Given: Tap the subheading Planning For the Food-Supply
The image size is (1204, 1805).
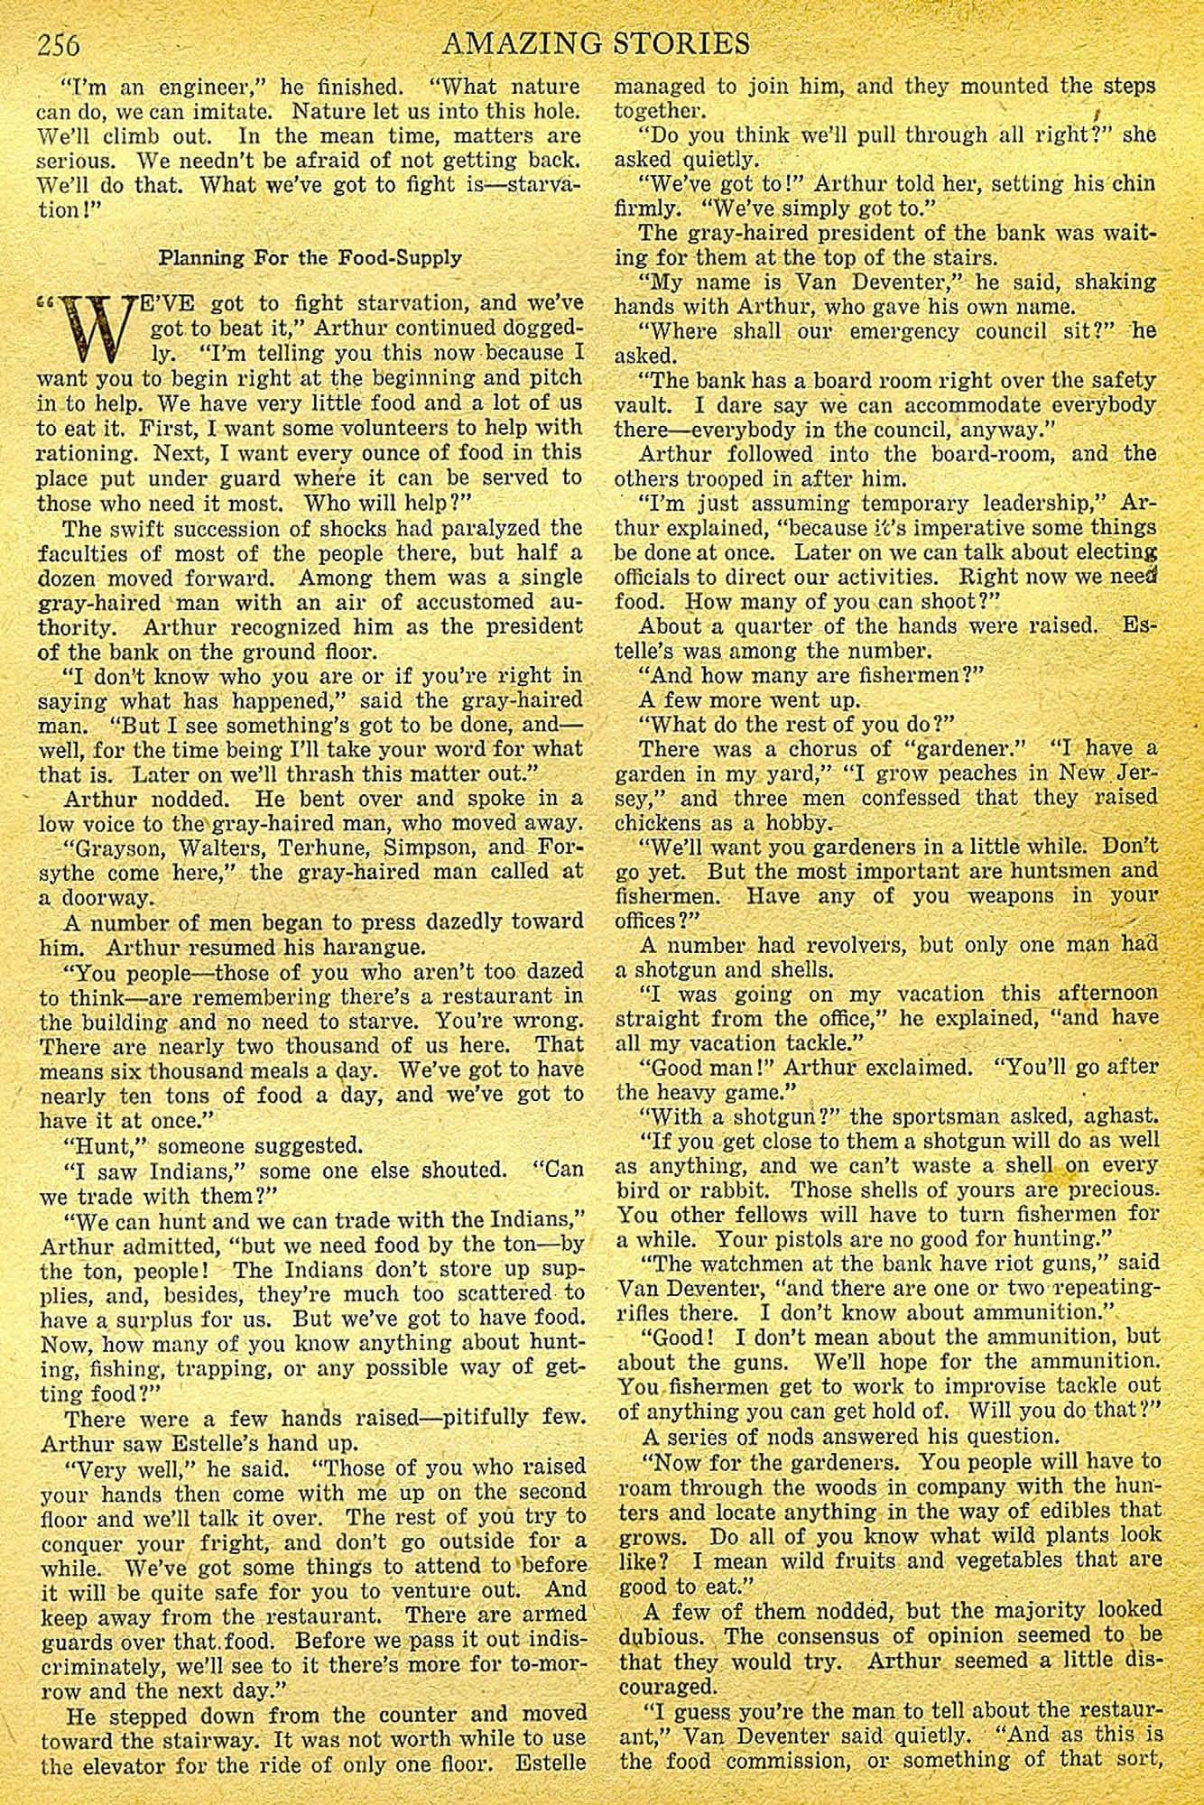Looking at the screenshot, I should pos(310,257).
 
